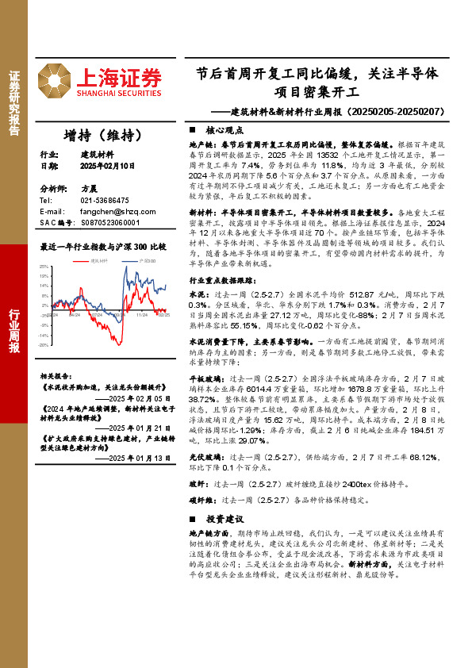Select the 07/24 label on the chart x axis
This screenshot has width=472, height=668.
[x=98, y=315]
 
